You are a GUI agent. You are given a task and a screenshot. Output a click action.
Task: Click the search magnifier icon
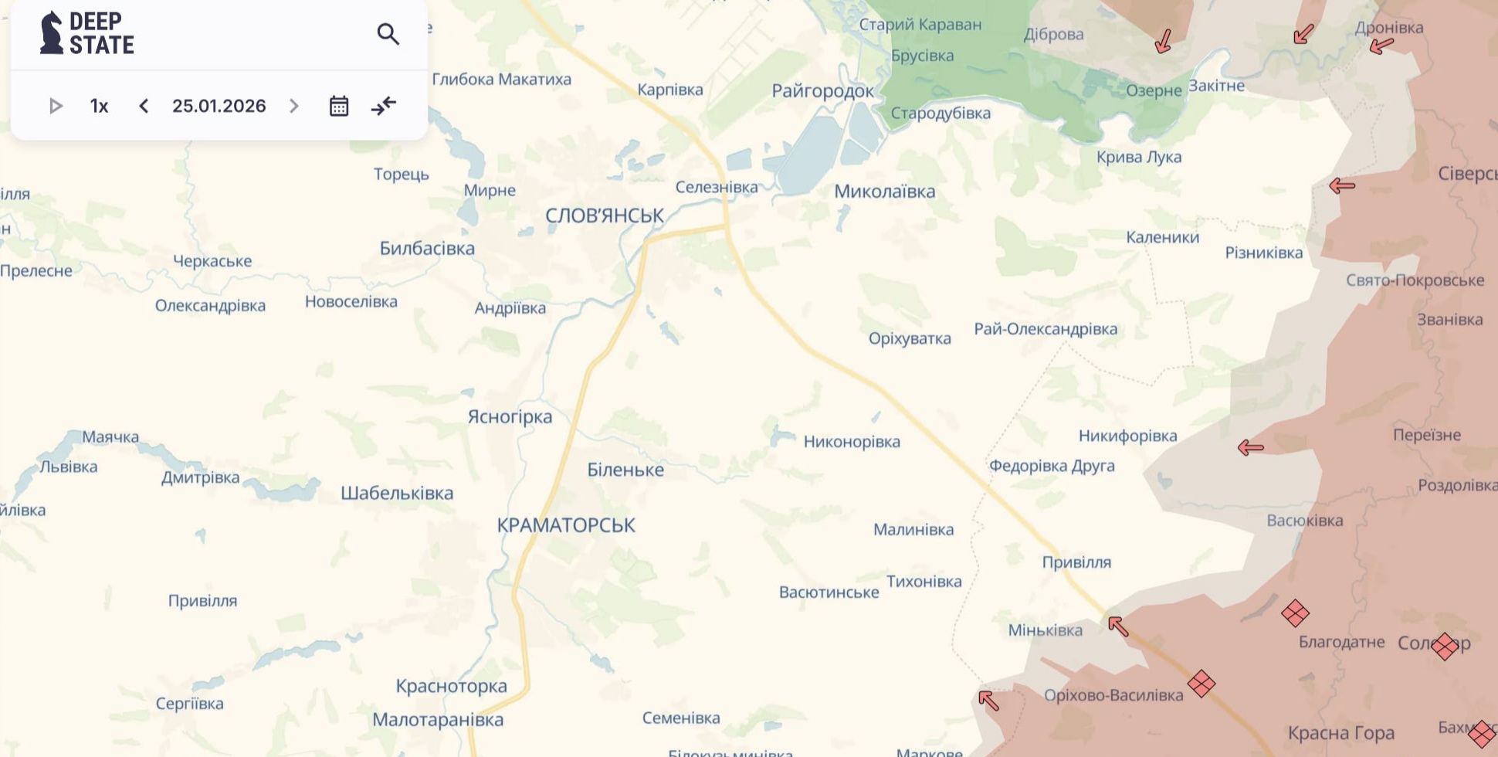point(388,34)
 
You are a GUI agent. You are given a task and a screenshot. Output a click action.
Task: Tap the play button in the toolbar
point(56,106)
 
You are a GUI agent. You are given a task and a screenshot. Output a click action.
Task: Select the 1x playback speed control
point(99,106)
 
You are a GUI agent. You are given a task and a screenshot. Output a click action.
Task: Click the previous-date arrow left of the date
point(144,106)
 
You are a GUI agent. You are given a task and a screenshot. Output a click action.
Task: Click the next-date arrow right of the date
point(294,106)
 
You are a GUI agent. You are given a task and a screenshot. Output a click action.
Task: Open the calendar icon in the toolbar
point(339,106)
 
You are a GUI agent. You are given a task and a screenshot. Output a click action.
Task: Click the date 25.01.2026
point(219,106)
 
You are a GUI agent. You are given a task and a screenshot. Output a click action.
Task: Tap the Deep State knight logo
point(51,33)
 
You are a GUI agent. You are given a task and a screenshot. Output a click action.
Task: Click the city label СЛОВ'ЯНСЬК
point(604,216)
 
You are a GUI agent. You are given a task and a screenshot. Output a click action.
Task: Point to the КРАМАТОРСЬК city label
point(565,525)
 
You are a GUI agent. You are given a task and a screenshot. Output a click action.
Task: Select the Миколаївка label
point(884,192)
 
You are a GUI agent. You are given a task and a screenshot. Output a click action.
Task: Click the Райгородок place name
point(822,91)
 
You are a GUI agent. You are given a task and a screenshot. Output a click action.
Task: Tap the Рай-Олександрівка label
point(1045,329)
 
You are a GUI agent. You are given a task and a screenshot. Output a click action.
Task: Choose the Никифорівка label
point(1127,436)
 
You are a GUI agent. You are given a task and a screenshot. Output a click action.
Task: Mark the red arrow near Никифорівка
point(1250,447)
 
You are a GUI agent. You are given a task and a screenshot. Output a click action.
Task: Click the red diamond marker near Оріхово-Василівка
point(1201,684)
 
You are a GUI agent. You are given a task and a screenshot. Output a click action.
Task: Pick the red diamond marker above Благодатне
point(1295,614)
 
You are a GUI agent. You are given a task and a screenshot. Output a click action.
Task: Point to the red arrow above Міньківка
point(1117,625)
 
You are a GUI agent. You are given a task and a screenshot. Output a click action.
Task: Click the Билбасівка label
point(427,249)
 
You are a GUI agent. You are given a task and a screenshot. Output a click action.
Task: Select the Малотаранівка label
point(438,720)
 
